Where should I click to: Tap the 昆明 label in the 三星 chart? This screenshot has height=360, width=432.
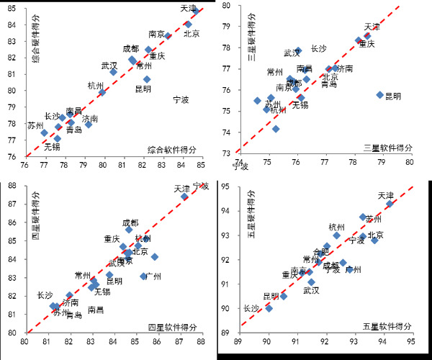tap(393, 96)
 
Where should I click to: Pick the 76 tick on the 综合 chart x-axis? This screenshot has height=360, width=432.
tap(25, 164)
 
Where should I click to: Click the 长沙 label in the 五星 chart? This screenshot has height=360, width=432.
tap(251, 307)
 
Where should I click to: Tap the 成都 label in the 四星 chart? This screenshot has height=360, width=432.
tap(130, 223)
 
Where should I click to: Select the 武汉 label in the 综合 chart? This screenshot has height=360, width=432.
tap(109, 66)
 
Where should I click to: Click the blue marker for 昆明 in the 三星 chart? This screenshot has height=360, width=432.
tap(379, 95)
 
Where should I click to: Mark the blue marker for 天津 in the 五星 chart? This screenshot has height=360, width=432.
tap(390, 204)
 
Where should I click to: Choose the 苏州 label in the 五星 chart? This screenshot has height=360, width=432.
tap(374, 218)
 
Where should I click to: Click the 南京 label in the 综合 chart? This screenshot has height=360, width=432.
tap(156, 34)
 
